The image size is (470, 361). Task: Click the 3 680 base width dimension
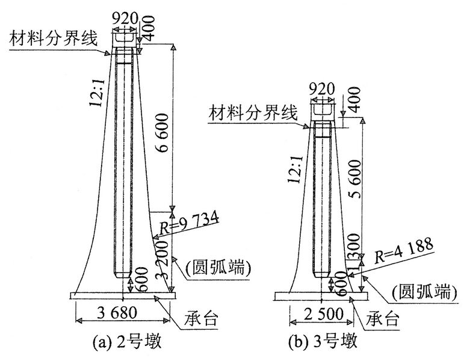(117, 313)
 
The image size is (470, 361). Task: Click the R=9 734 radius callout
(189, 223)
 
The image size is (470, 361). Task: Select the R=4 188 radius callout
(403, 251)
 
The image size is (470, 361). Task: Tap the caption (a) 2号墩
(127, 342)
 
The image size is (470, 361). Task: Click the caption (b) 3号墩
(323, 342)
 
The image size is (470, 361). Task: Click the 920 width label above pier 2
(125, 19)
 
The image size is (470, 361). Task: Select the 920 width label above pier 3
(321, 89)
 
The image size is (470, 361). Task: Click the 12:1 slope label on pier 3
(295, 169)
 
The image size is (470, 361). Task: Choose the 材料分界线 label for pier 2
(54, 39)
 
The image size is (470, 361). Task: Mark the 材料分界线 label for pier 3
(253, 113)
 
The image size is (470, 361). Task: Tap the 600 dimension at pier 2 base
(141, 279)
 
